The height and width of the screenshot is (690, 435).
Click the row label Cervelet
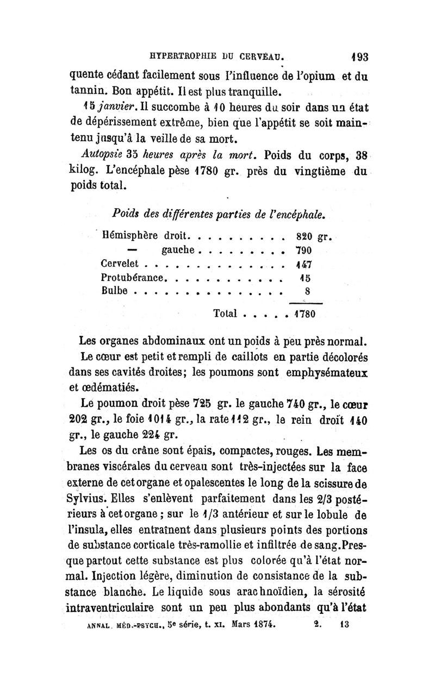coord(121,264)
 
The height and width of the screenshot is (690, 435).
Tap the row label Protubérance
coord(133,278)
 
